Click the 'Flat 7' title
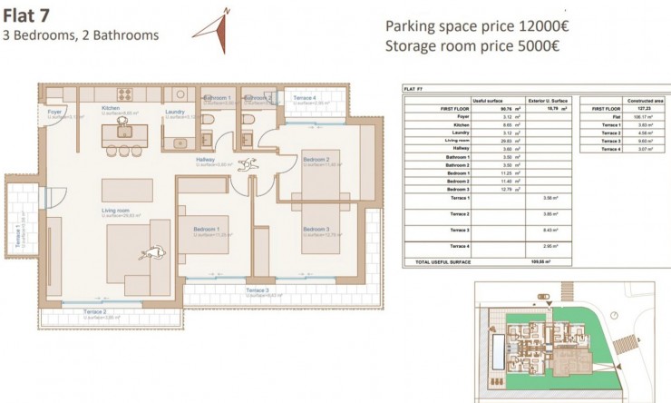[x=26, y=14]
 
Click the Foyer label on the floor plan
[x=54, y=112]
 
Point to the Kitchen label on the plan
[x=111, y=108]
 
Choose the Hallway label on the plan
[x=204, y=159]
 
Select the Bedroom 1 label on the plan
[x=206, y=229]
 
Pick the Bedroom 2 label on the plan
[x=316, y=159]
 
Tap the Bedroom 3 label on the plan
[x=316, y=229]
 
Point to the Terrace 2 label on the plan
[x=99, y=311]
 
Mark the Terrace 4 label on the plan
[x=304, y=97]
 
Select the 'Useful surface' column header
[x=485, y=100]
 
